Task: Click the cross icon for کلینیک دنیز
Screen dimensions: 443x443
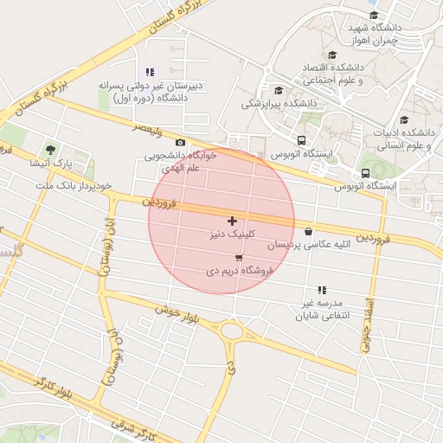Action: [232, 221]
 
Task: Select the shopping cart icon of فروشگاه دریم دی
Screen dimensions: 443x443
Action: [239, 258]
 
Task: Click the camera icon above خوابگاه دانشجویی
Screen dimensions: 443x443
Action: [180, 143]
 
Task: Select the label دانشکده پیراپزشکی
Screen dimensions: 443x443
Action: [279, 104]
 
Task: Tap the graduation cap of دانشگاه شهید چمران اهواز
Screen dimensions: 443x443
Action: [374, 16]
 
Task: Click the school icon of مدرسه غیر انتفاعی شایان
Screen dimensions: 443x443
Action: [322, 290]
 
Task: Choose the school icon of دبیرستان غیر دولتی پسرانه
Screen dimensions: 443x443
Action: [150, 73]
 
